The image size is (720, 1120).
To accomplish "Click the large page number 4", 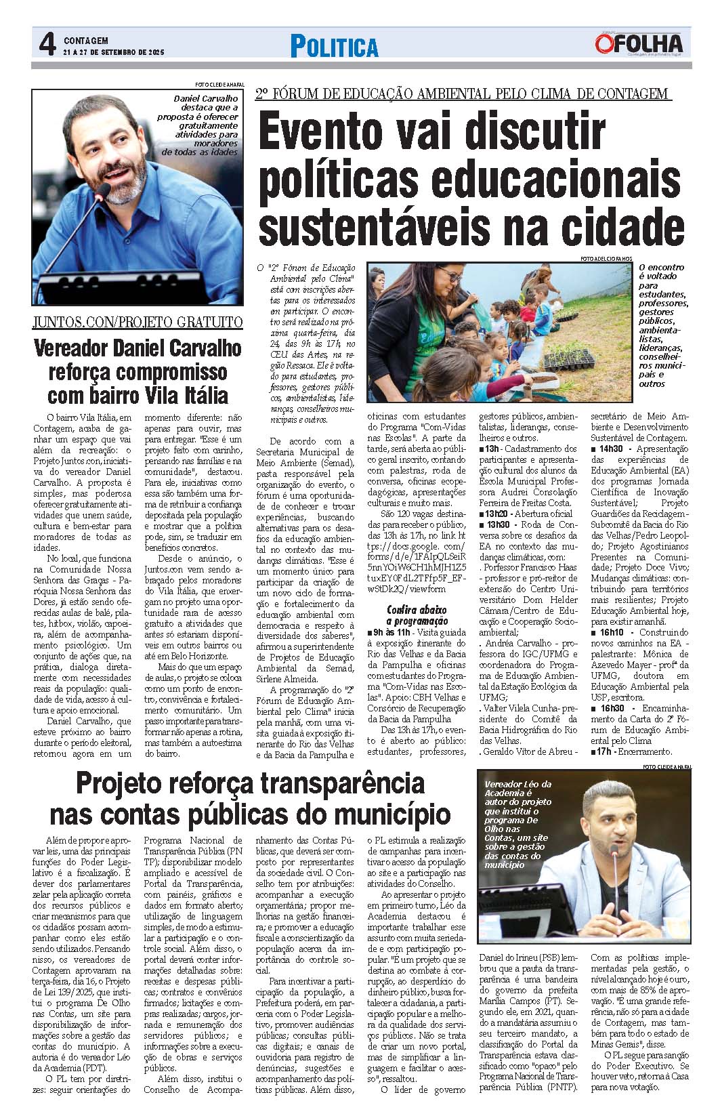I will click(46, 46).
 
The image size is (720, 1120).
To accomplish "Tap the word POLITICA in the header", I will click(334, 47).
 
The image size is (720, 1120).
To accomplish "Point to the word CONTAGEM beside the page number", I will click(85, 41).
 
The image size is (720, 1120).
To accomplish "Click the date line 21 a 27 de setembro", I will click(114, 52).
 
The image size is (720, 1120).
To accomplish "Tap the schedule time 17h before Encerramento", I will click(601, 751).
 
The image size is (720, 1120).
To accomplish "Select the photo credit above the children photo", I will click(607, 258).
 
